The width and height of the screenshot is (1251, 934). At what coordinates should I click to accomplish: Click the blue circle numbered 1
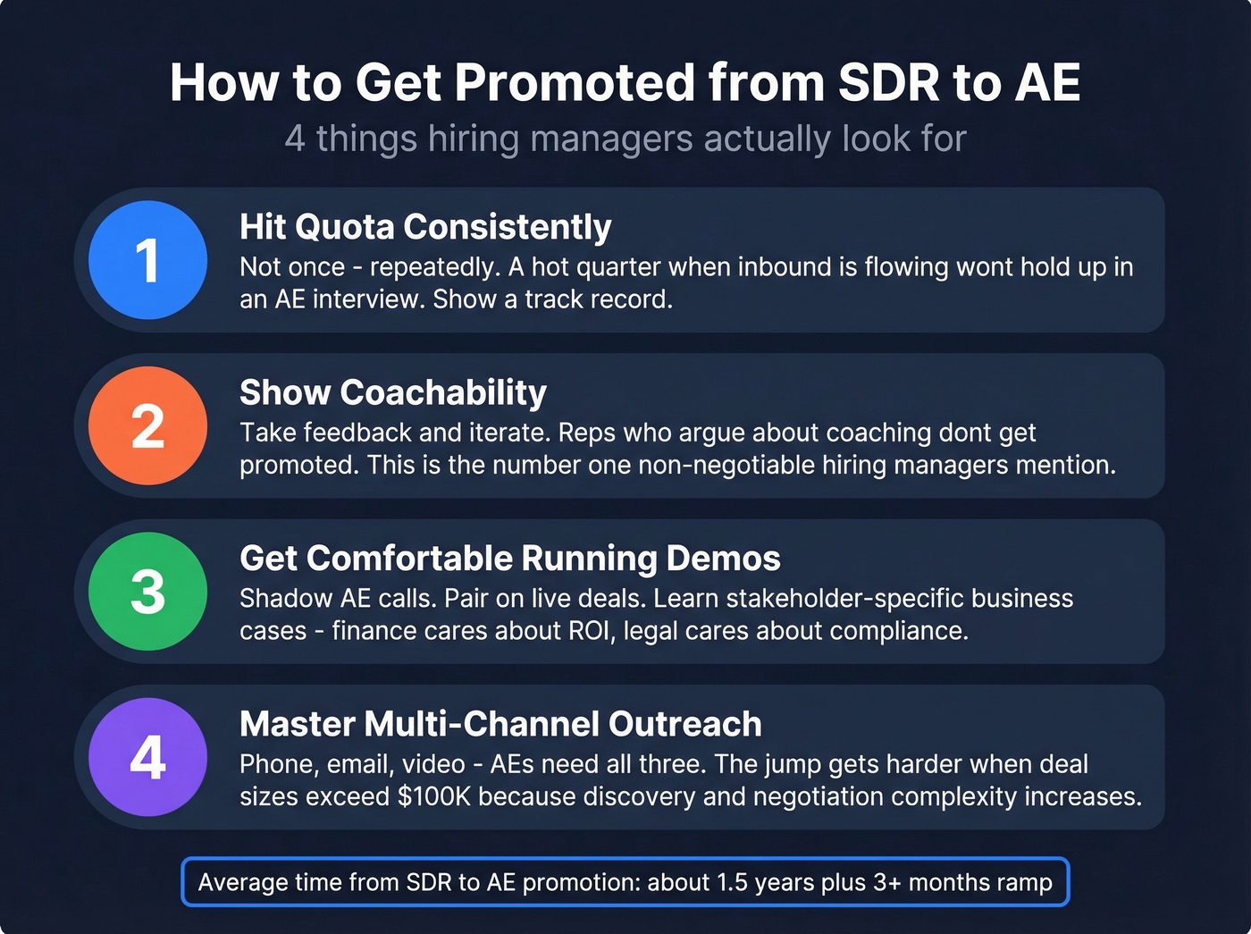[x=148, y=260]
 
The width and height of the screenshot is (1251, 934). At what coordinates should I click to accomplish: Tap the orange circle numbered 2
[x=148, y=425]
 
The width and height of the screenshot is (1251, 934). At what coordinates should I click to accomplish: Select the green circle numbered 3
[x=148, y=591]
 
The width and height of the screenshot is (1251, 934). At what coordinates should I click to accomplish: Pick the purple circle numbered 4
[x=148, y=757]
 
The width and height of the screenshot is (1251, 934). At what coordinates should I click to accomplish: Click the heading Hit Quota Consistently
[x=425, y=227]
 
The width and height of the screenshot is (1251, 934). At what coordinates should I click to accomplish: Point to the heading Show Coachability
[x=393, y=392]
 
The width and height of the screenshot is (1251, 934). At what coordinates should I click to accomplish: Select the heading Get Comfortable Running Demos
[x=509, y=559]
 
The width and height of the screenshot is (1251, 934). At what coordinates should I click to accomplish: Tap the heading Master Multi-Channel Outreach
[x=500, y=724]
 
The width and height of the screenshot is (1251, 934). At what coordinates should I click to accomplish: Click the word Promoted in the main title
[x=575, y=83]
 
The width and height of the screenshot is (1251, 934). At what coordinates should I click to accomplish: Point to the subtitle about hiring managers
[x=625, y=139]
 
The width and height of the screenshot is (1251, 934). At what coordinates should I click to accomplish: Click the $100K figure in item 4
[x=434, y=796]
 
